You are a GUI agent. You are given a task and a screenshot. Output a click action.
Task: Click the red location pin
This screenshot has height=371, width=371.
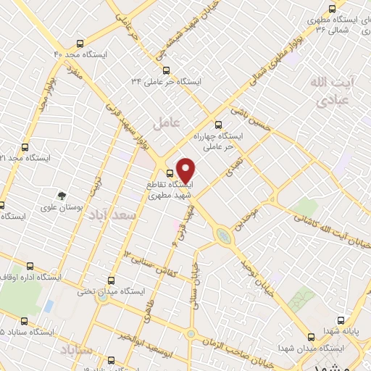coord(186,170)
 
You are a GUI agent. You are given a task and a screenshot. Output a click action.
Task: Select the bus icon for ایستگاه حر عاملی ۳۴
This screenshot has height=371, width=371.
coord(167,70)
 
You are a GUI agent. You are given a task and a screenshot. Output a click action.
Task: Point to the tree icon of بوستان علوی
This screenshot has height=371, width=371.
coord(62,195)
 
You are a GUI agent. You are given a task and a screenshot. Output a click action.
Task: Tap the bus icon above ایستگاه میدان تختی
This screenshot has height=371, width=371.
coord(111,280)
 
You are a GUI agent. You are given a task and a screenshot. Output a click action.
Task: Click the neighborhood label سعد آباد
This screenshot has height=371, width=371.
coord(115,217)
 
